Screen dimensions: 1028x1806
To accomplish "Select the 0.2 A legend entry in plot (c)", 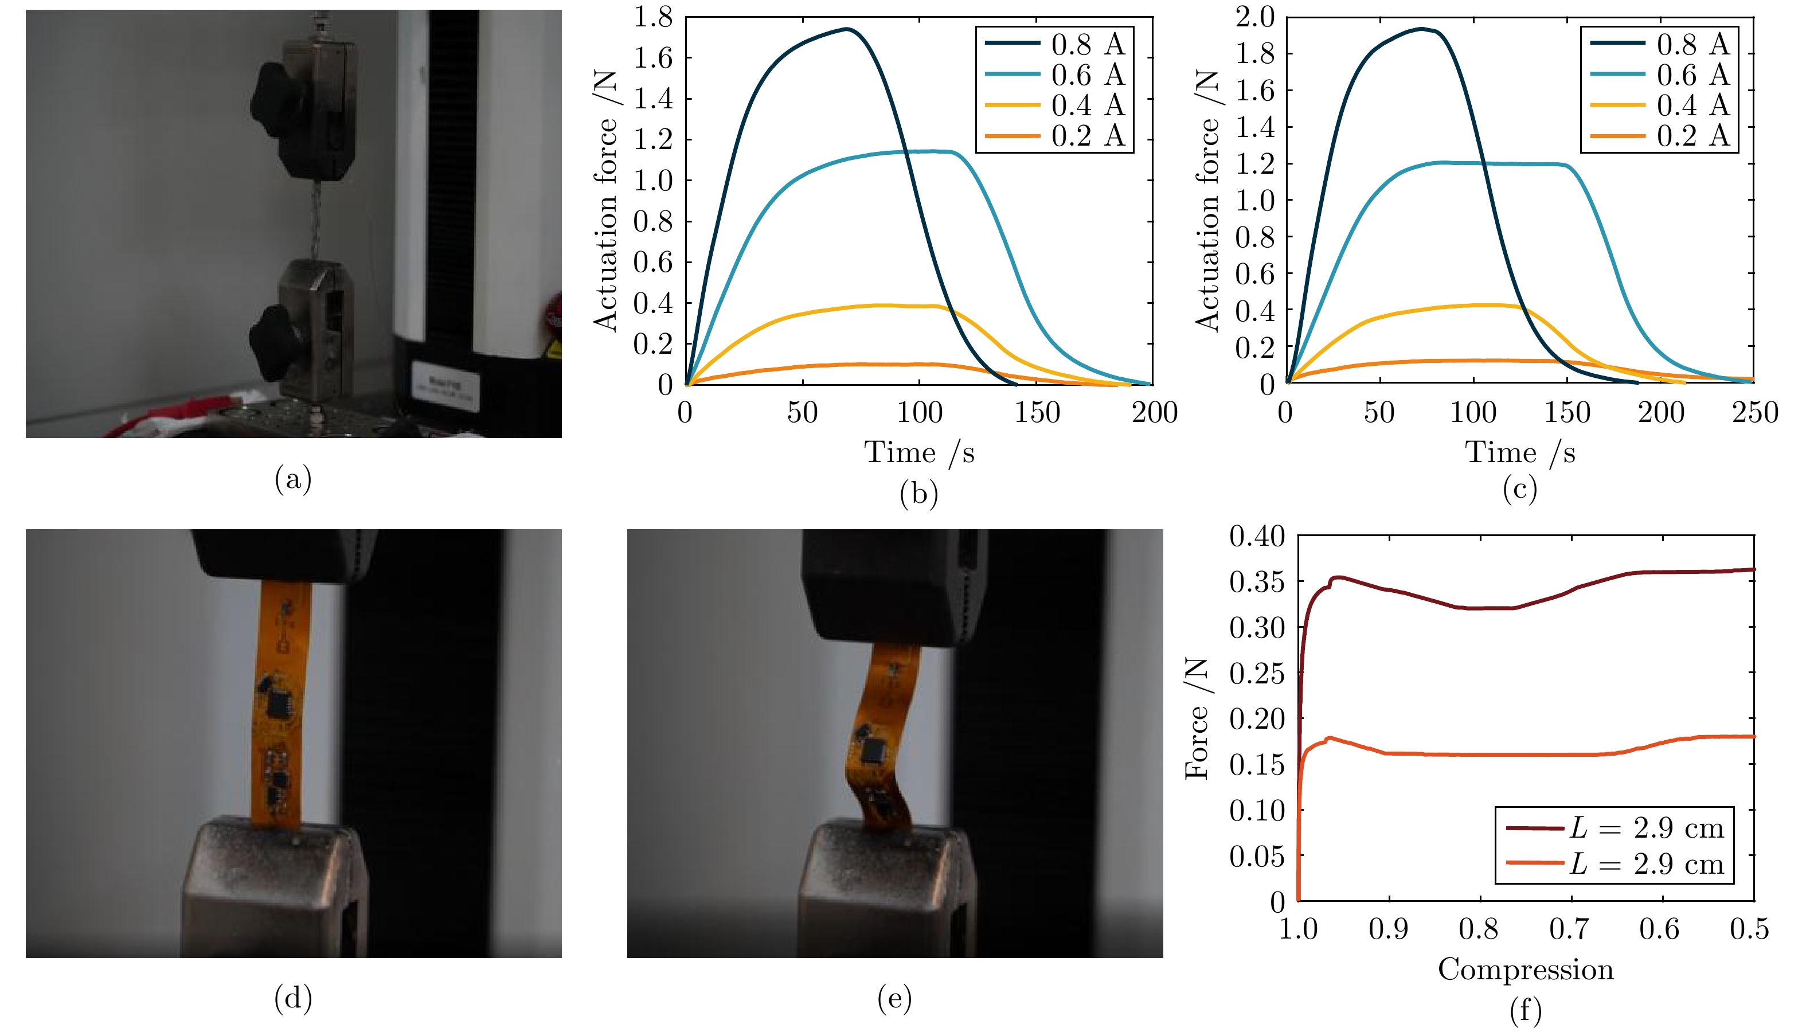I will pyautogui.click(x=1692, y=135).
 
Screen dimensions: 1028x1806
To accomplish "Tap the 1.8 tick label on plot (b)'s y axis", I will pyautogui.click(x=652, y=17).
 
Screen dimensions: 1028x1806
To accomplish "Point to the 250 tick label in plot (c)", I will pyautogui.click(x=1754, y=412).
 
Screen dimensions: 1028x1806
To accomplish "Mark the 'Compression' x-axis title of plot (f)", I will pyautogui.click(x=1525, y=970).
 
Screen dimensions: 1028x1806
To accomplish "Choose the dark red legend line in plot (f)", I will pyautogui.click(x=1534, y=827).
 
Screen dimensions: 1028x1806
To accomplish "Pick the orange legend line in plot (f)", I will pyautogui.click(x=1534, y=863).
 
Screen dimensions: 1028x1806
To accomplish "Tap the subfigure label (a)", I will pyautogui.click(x=293, y=479).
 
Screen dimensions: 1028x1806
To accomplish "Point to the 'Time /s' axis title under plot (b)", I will pyautogui.click(x=918, y=452).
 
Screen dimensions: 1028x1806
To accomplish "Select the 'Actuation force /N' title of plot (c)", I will pyautogui.click(x=1208, y=201).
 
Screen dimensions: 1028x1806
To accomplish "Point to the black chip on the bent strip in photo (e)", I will pyautogui.click(x=875, y=750).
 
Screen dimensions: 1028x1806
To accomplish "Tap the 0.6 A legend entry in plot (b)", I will pyautogui.click(x=1087, y=75).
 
